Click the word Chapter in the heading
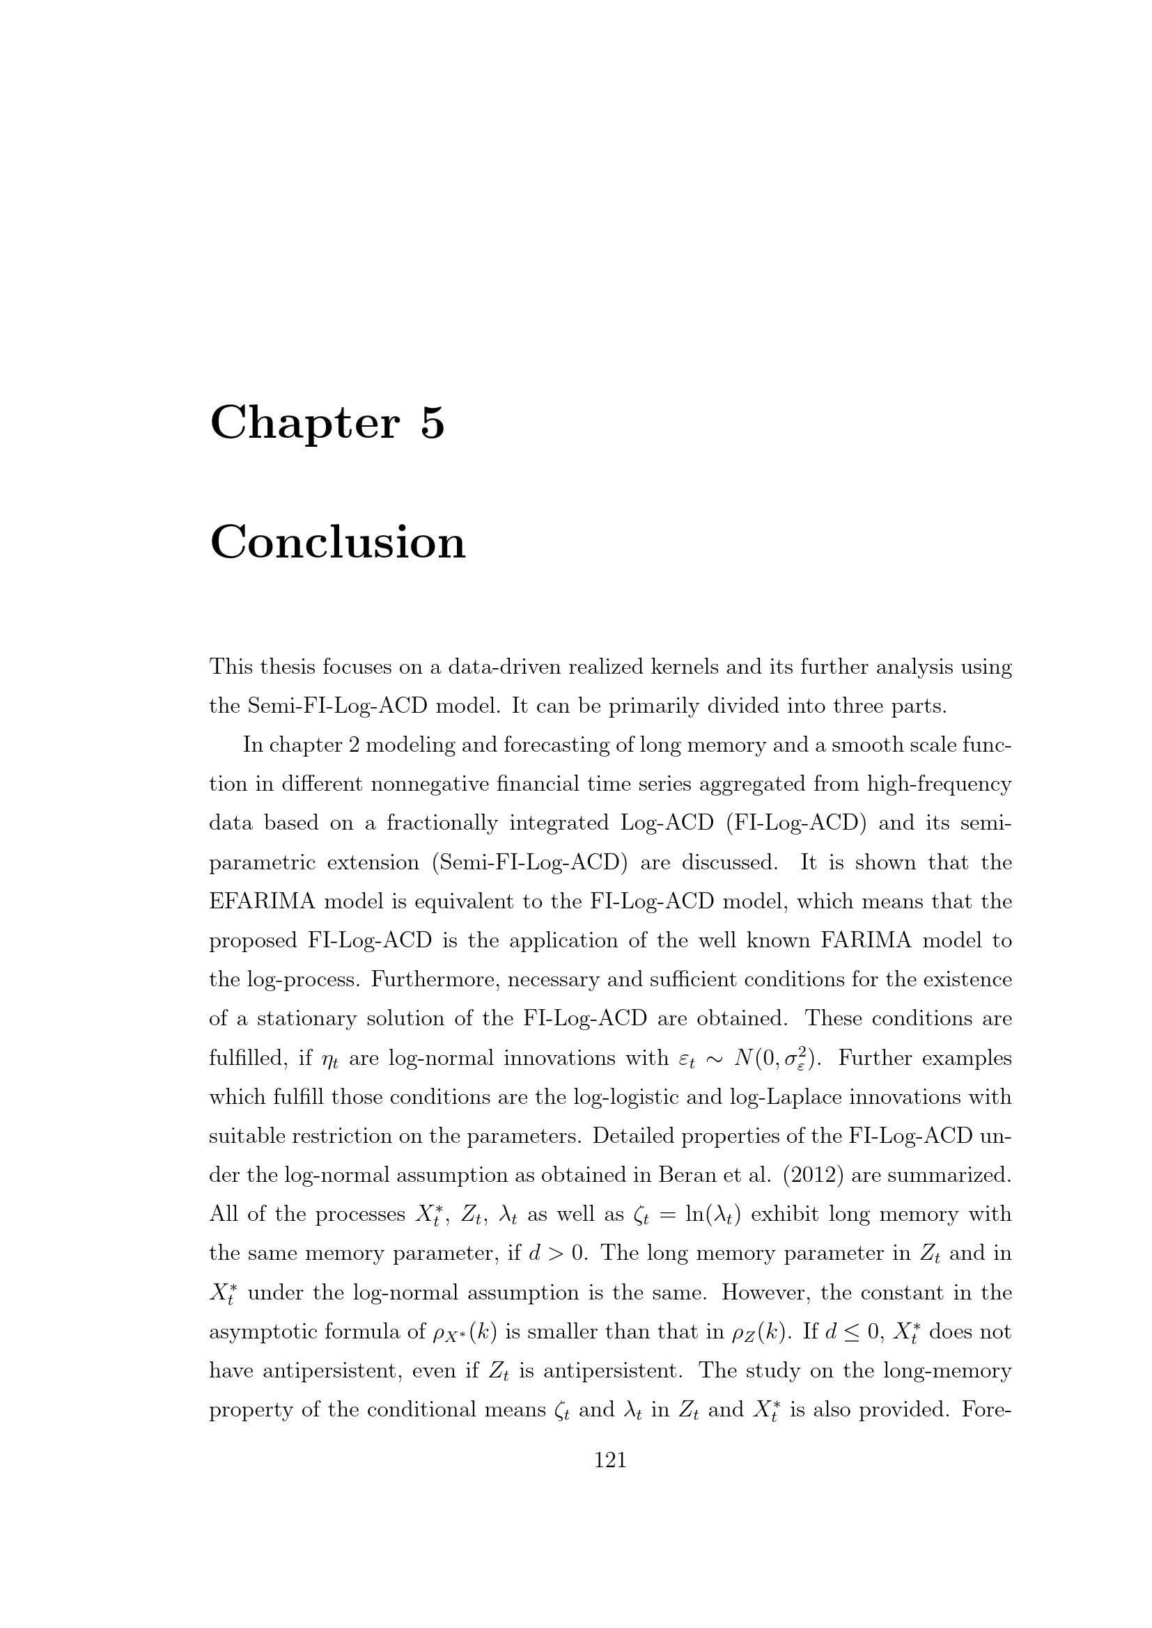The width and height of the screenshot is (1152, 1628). pyautogui.click(x=305, y=423)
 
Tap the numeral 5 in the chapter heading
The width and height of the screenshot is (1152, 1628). pyautogui.click(x=432, y=423)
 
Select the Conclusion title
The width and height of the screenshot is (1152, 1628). pyautogui.click(x=338, y=543)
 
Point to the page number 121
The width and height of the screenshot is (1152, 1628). pyautogui.click(x=610, y=1460)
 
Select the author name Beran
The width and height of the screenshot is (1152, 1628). pyautogui.click(x=683, y=1176)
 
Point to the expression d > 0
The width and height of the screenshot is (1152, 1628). pyautogui.click(x=559, y=1254)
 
